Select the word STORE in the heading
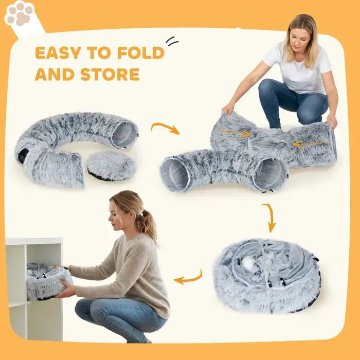click(x=110, y=75)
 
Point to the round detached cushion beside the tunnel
click(x=111, y=165)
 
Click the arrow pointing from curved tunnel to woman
click(x=165, y=128)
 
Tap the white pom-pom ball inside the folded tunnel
click(x=249, y=264)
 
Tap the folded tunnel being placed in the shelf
click(x=49, y=281)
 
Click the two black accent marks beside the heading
click(x=172, y=41)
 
